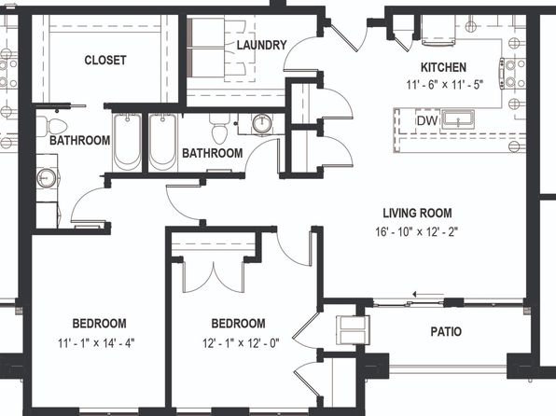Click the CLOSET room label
(105, 60)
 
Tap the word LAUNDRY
(262, 45)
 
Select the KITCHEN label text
(443, 67)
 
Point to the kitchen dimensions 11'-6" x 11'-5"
(445, 85)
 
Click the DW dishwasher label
(427, 121)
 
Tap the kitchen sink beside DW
(458, 119)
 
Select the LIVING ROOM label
(417, 213)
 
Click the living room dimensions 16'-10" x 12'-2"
(417, 232)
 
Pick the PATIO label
(446, 332)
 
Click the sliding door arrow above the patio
(428, 294)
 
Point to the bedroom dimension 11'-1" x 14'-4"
(96, 343)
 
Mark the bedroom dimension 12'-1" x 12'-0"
(241, 343)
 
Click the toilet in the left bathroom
(52, 126)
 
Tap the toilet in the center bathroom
(220, 128)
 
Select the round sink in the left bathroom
(47, 178)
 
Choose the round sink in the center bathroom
(262, 123)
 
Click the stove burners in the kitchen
(512, 74)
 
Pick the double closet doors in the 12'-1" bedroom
(214, 277)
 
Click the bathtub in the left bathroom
(127, 142)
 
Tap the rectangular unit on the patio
(353, 330)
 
